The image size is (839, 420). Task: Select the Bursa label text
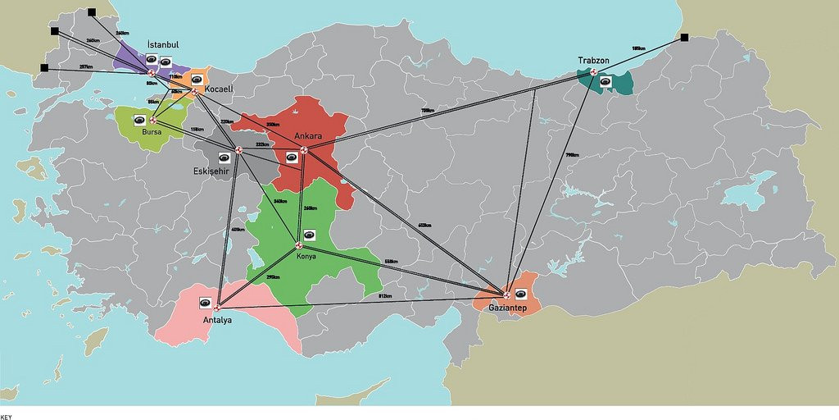click(x=152, y=132)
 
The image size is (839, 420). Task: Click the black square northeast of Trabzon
click(x=684, y=37)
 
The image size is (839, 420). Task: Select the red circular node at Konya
click(x=299, y=245)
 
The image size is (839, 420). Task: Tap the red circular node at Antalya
click(x=216, y=308)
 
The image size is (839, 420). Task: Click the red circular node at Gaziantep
click(x=506, y=294)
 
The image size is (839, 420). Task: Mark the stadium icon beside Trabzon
click(x=605, y=80)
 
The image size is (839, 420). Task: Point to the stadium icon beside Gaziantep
click(x=520, y=294)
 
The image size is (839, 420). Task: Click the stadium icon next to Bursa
click(x=140, y=121)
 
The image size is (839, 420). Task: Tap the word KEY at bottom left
click(x=7, y=416)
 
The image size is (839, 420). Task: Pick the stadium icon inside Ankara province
click(x=292, y=156)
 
